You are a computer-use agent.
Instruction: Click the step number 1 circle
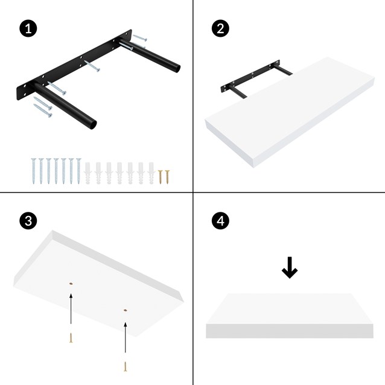(27, 28)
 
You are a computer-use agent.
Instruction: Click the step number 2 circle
(220, 28)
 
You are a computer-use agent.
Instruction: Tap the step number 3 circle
(27, 221)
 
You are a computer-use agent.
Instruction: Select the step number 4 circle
(220, 221)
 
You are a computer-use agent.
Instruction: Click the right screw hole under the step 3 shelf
(125, 309)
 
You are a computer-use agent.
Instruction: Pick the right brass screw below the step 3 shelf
(125, 366)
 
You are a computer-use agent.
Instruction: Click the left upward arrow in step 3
(71, 311)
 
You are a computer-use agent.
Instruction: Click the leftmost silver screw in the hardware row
(34, 171)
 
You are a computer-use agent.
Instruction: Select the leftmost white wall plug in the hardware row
(89, 173)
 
